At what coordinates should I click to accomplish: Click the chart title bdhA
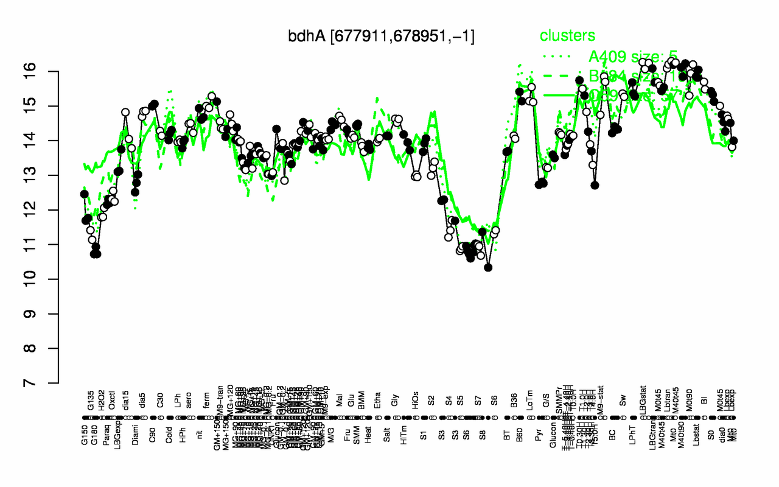click(x=381, y=37)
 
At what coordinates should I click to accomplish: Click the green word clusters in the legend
click(x=568, y=36)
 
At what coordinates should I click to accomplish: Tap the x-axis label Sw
click(x=622, y=402)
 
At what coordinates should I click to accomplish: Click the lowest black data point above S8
click(x=488, y=267)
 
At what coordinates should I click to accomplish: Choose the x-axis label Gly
click(x=396, y=402)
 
